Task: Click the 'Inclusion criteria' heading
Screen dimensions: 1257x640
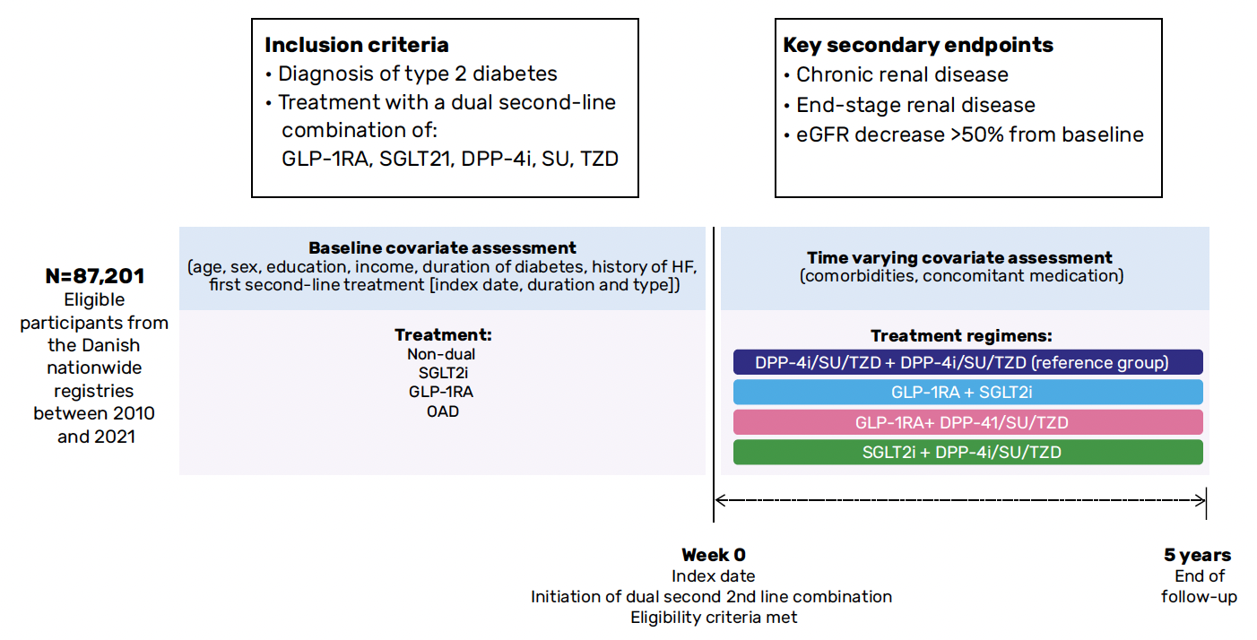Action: pos(356,45)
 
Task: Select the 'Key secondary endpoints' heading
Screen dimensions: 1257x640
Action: pos(918,45)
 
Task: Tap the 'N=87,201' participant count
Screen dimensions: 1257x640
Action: pos(95,276)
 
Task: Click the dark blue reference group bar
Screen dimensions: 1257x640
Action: pos(968,362)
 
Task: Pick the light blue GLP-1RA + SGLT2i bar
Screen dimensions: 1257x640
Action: pos(968,392)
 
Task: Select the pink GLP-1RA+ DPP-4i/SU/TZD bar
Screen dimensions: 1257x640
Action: pos(968,422)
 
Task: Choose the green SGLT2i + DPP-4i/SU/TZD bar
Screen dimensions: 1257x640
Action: pos(968,452)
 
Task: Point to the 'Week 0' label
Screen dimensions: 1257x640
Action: pos(714,555)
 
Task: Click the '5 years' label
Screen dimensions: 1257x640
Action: pos(1198,555)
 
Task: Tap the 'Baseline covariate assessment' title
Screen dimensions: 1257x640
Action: pos(442,248)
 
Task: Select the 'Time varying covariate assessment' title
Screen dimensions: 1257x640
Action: pos(959,257)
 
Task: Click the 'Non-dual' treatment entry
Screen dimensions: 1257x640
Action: pos(441,354)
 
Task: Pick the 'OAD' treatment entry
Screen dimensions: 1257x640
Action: pos(443,411)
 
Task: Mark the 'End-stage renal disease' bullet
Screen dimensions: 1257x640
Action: pos(910,105)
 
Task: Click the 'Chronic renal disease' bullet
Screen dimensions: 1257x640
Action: pos(897,74)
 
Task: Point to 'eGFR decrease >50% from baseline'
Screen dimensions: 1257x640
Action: pos(964,134)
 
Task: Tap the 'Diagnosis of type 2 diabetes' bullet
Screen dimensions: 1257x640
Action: pos(412,74)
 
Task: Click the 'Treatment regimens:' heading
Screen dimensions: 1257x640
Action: pos(961,336)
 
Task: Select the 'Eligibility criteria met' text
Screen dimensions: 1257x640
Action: pos(714,618)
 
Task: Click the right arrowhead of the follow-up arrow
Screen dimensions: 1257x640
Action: pos(1202,500)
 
